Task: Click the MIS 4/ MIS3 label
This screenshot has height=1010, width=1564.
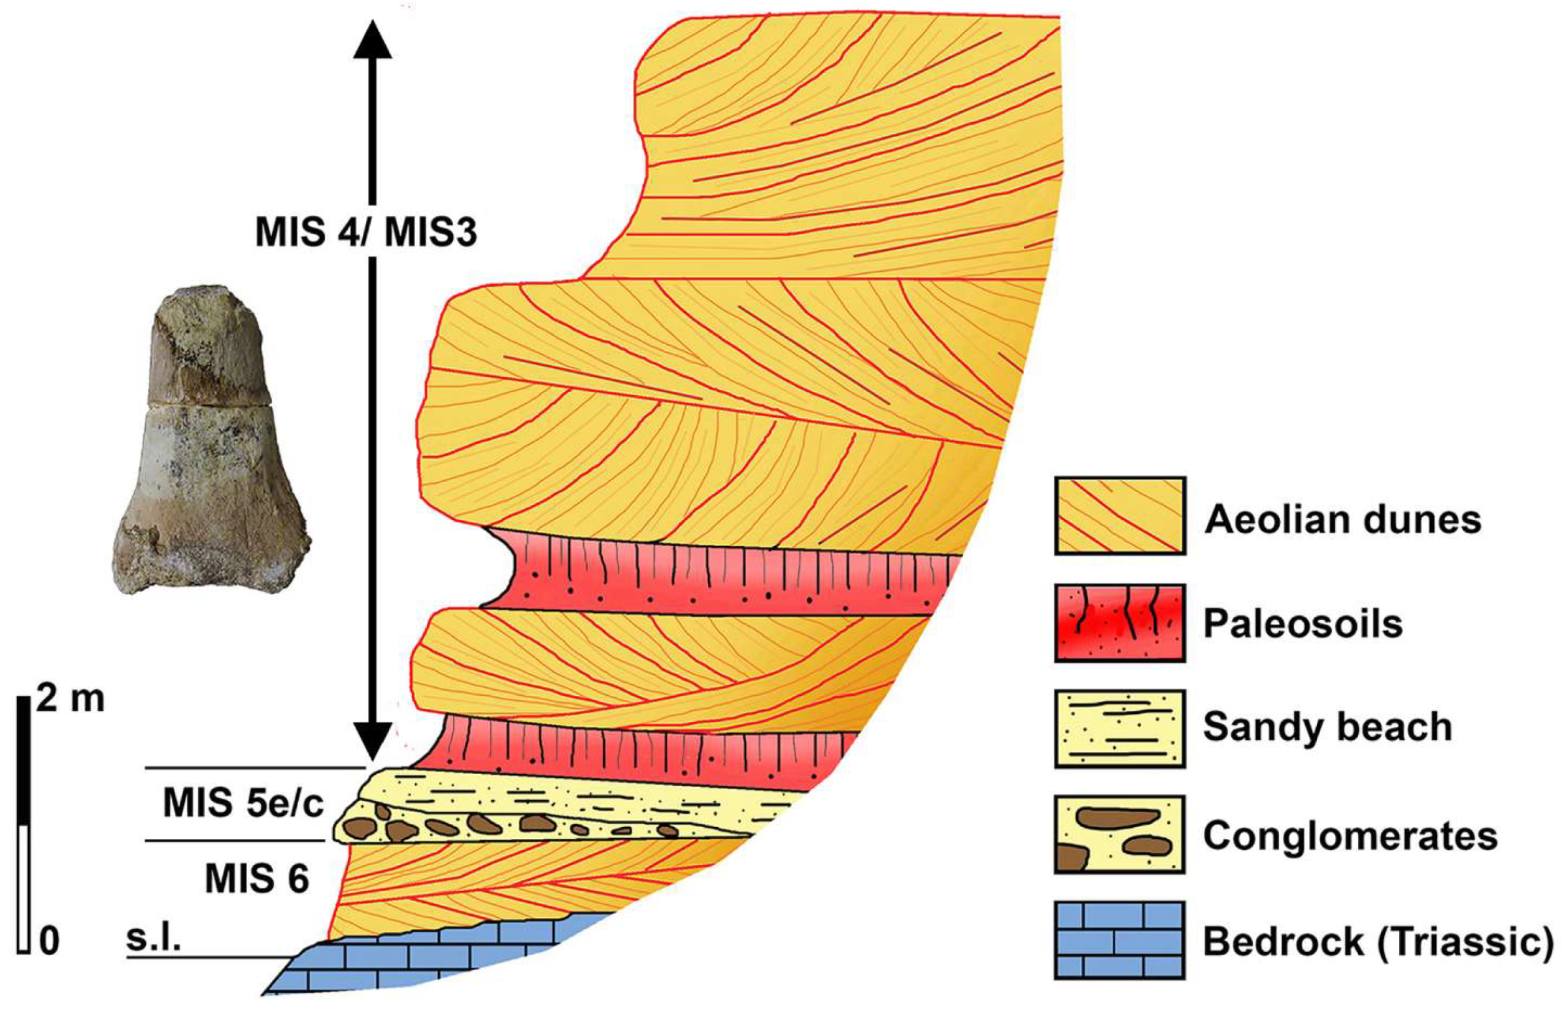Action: click(365, 233)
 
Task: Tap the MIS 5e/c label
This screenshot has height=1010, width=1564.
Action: click(243, 803)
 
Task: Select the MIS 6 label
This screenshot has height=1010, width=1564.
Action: click(256, 878)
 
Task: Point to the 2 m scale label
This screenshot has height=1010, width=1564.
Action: click(70, 700)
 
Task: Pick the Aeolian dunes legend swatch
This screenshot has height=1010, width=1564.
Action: click(1119, 516)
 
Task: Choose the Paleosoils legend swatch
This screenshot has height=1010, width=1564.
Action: click(1119, 623)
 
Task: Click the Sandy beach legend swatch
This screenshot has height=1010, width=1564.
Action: click(1119, 728)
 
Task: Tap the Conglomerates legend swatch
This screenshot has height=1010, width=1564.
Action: click(1119, 834)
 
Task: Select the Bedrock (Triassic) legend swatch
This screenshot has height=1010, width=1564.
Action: click(1119, 940)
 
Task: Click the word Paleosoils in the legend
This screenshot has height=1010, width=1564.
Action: click(1302, 624)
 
